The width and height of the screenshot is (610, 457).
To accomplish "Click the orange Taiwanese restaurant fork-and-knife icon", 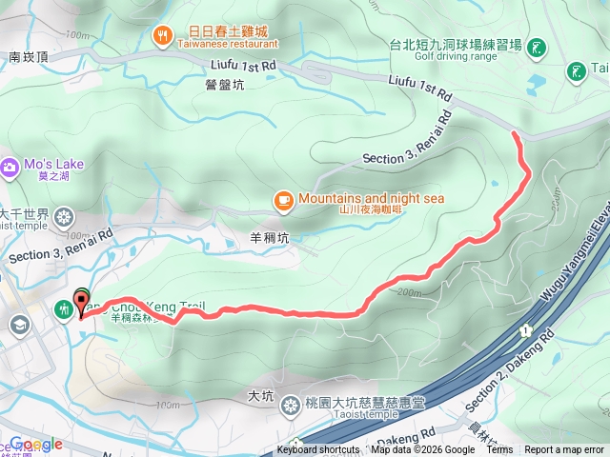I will pyautogui.click(x=163, y=36).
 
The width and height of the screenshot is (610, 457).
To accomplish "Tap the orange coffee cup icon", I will pyautogui.click(x=282, y=200).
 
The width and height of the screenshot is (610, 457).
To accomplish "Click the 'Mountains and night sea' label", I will pyautogui.click(x=371, y=198).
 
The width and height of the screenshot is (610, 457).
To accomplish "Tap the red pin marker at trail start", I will pyautogui.click(x=81, y=303).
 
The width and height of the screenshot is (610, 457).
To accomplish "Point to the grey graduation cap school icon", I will pyautogui.click(x=18, y=325).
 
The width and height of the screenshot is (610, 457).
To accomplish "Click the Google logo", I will pyautogui.click(x=36, y=444).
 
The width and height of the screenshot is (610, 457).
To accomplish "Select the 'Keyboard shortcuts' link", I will pyautogui.click(x=318, y=450).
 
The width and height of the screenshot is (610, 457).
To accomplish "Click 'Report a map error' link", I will pyautogui.click(x=564, y=450).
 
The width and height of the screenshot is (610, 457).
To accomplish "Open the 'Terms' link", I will pyautogui.click(x=499, y=450).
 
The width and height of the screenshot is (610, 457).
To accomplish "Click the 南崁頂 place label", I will pyautogui.click(x=29, y=57).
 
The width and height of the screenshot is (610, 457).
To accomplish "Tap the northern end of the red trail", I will pyautogui.click(x=516, y=135).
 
